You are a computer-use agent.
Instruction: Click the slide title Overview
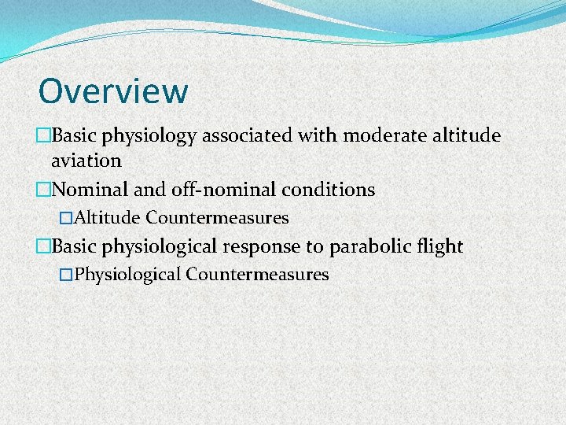point(113,91)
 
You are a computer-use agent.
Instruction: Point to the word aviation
point(86,161)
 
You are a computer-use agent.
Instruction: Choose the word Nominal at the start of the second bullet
point(88,190)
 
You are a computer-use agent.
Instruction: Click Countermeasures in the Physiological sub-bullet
point(257,275)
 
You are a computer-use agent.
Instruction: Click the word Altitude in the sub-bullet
point(108,217)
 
